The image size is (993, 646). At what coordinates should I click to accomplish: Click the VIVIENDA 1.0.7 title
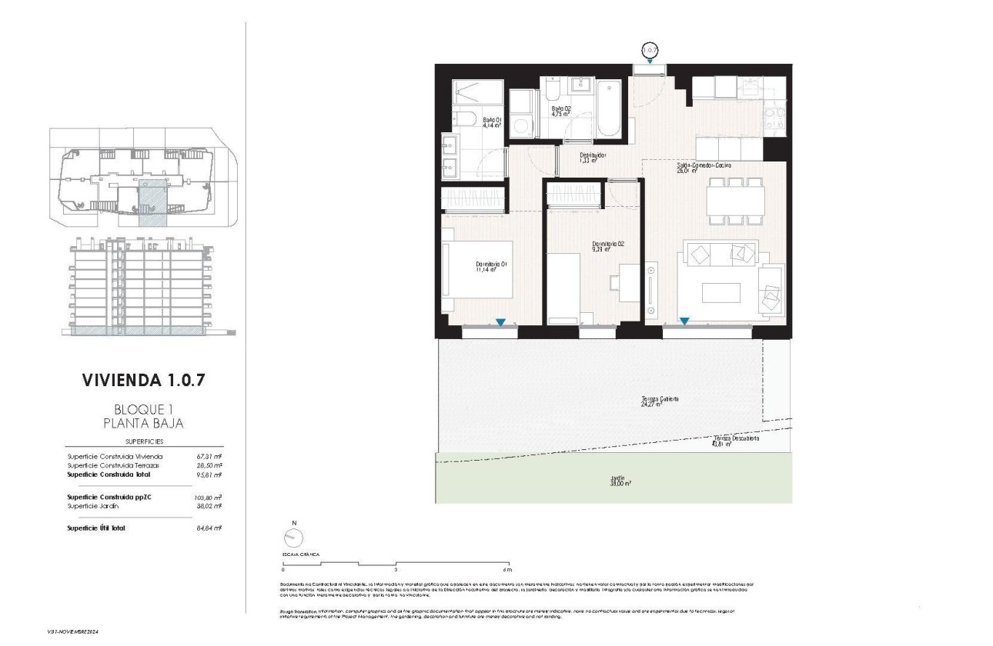pyautogui.click(x=144, y=380)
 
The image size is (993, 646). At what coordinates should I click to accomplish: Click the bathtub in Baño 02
pyautogui.click(x=608, y=108)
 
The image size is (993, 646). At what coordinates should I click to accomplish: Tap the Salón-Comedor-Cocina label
pyautogui.click(x=704, y=168)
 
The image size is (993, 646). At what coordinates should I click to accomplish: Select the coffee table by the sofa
pyautogui.click(x=721, y=293)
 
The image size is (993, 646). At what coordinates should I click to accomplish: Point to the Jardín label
pyautogui.click(x=617, y=480)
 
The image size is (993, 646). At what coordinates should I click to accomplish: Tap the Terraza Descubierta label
pyautogui.click(x=736, y=440)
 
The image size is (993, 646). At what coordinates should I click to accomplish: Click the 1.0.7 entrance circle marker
pyautogui.click(x=650, y=52)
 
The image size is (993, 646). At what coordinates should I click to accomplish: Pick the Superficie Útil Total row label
pyautogui.click(x=96, y=528)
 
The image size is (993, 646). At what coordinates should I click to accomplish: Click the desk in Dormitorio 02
pyautogui.click(x=629, y=282)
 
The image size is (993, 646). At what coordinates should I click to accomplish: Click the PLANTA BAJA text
pyautogui.click(x=143, y=422)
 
